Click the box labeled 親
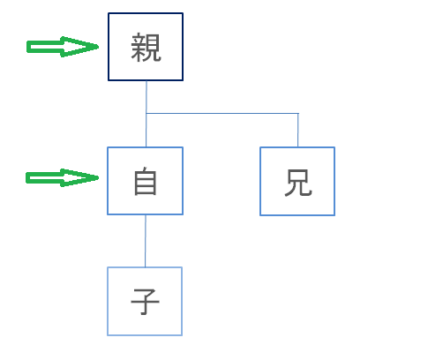(146, 47)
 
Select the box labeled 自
(146, 181)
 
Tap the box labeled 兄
(297, 181)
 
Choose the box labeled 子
(145, 301)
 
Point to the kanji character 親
(146, 48)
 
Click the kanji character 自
(146, 181)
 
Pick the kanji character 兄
(298, 183)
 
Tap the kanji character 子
(145, 302)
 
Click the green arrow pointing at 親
(63, 47)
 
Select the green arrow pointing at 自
(62, 177)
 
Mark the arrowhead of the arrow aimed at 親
(97, 47)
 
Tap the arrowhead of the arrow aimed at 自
(97, 177)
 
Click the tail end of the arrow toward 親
(27, 47)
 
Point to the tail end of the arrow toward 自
(27, 178)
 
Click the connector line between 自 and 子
(146, 241)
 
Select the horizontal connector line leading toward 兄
(222, 113)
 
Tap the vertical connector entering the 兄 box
(298, 130)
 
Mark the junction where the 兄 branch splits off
(146, 113)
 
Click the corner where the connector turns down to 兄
(298, 113)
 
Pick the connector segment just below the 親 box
(146, 97)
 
